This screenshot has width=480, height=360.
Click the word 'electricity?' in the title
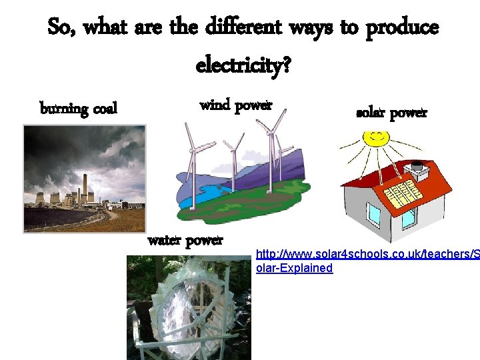[x=243, y=65]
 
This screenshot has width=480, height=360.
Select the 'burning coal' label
[x=79, y=108]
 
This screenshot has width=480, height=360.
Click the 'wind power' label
[x=236, y=105]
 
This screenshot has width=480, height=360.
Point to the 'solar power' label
[x=391, y=113]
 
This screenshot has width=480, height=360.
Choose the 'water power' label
[x=185, y=240]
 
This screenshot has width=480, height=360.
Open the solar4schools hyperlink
[x=367, y=261]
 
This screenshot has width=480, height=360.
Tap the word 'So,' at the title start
[x=63, y=28]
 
